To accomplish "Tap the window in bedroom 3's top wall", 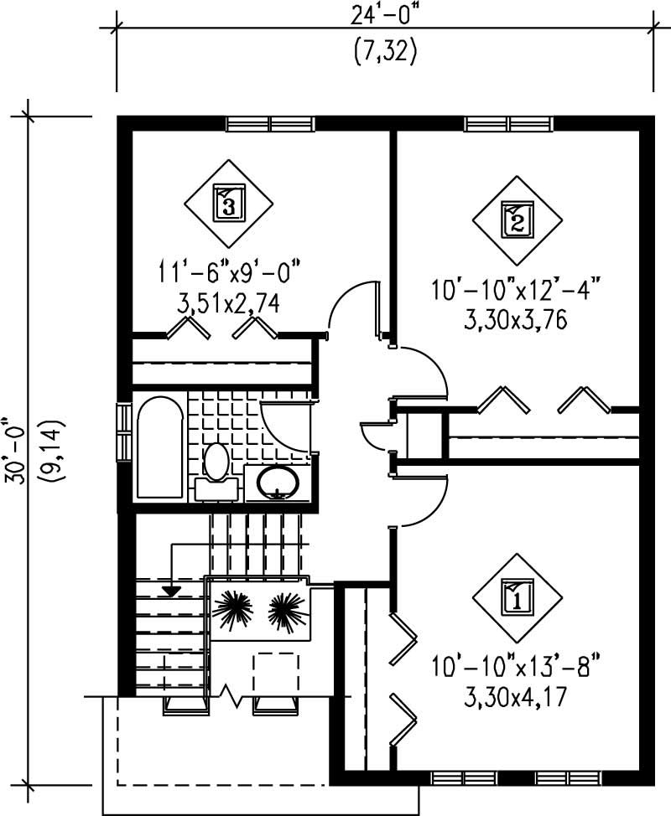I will point(270,124).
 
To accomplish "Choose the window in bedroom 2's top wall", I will point(510,124).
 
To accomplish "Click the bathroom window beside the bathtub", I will point(123,431).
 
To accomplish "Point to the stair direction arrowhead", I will point(171,591).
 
